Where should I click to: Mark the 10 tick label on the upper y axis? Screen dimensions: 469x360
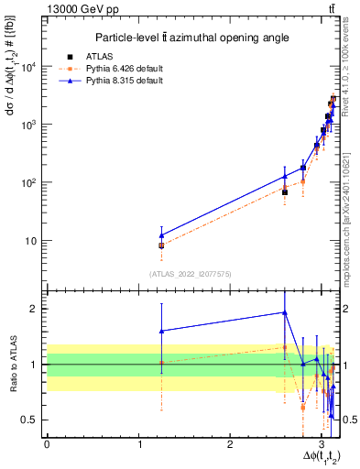pyautogui.click(x=33, y=241)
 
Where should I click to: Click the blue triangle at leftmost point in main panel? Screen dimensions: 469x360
pyautogui.click(x=161, y=235)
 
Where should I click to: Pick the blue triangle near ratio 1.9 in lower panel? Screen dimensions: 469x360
pyautogui.click(x=285, y=312)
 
